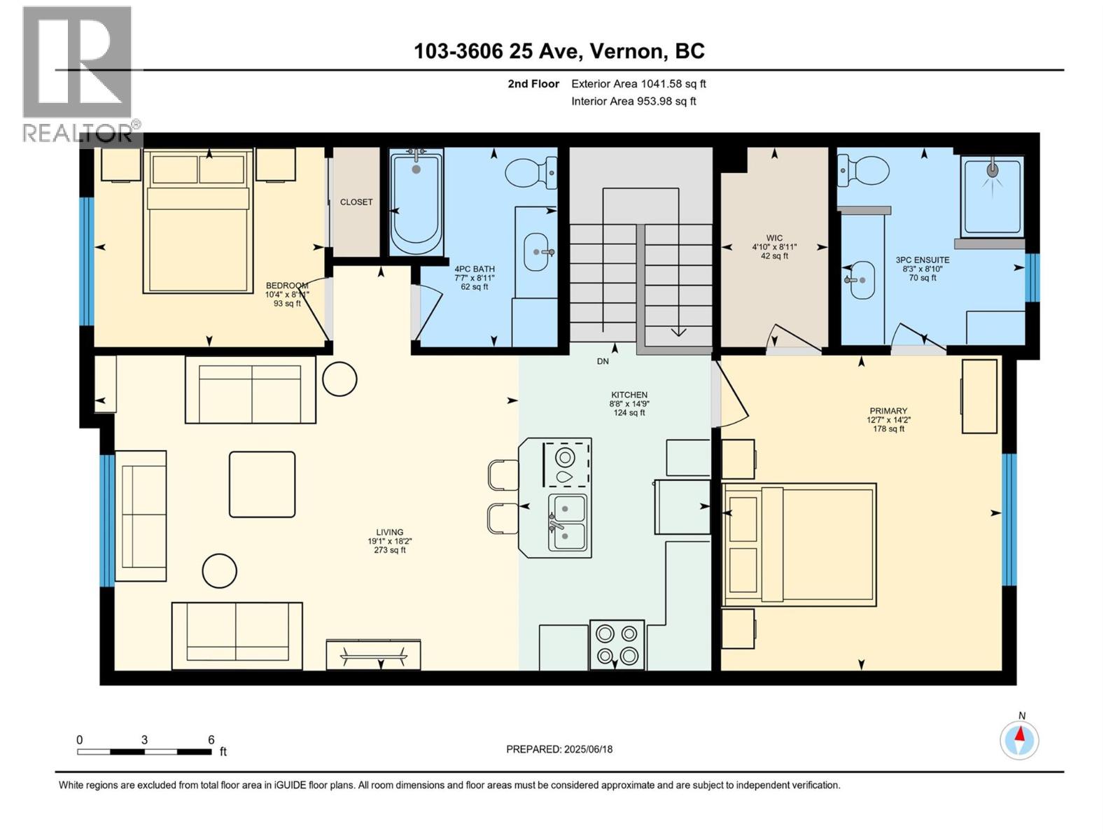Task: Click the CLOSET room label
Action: (x=356, y=202)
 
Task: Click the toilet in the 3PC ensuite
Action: (x=863, y=171)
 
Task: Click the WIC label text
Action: (x=774, y=238)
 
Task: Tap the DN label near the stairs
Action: (x=603, y=361)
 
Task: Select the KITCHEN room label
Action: (x=629, y=395)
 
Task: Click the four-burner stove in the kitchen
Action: (x=617, y=644)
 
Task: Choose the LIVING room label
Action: (x=389, y=532)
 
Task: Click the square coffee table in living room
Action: (x=262, y=484)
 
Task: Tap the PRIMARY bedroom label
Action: (x=888, y=411)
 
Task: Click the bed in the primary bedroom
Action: (x=799, y=545)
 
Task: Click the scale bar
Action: (x=144, y=752)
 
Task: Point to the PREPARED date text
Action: (x=559, y=749)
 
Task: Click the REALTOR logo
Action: (x=79, y=74)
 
